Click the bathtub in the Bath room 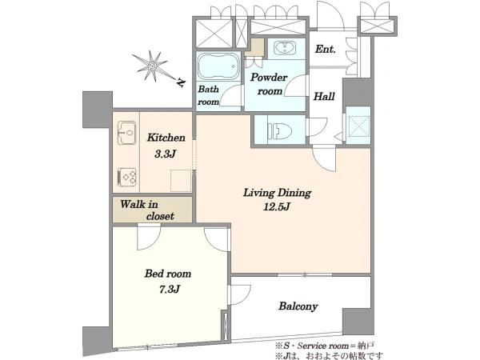[218, 67]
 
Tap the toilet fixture [279, 131]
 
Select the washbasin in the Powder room [285, 48]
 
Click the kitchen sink [126, 133]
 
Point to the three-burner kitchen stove [126, 177]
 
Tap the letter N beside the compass [182, 82]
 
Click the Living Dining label [277, 193]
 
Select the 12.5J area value [277, 207]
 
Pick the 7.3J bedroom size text [169, 289]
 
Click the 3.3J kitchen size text [165, 154]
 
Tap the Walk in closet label [147, 210]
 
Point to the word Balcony [298, 306]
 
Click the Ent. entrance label [326, 49]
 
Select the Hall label [324, 97]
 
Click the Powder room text [269, 84]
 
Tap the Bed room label [168, 274]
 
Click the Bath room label [209, 95]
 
